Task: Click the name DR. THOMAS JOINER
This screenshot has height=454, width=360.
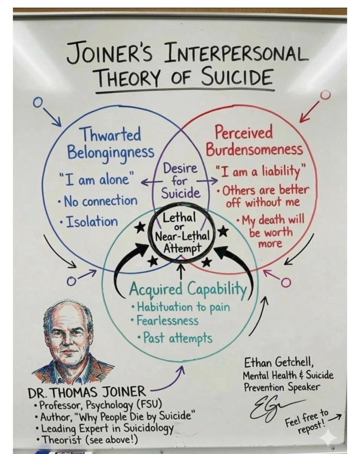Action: (x=87, y=392)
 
